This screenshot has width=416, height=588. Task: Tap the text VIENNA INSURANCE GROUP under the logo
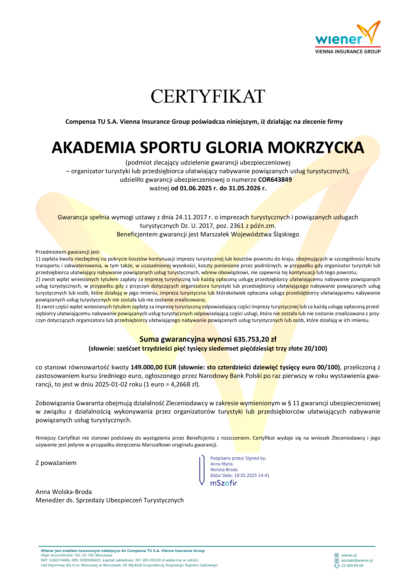coord(348,51)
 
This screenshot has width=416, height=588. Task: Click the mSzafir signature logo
coord(224,483)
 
